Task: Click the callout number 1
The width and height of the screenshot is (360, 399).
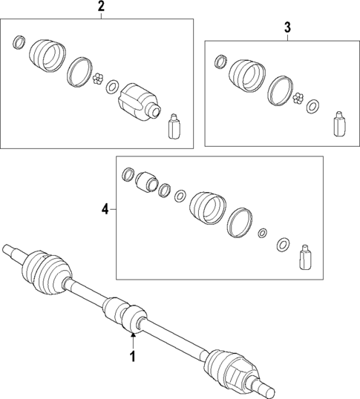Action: tap(133, 357)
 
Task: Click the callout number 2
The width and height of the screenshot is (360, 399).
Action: tap(101, 8)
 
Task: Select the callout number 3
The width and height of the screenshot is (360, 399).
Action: tap(287, 28)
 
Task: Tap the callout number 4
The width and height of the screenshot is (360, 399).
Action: tap(105, 210)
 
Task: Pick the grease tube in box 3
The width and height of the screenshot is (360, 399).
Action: tap(339, 124)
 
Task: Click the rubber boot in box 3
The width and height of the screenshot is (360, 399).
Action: tap(246, 74)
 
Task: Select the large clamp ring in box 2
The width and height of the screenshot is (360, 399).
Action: tap(79, 70)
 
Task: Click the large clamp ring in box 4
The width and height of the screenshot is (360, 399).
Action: tap(239, 222)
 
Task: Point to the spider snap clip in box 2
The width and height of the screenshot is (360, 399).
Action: tap(99, 80)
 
